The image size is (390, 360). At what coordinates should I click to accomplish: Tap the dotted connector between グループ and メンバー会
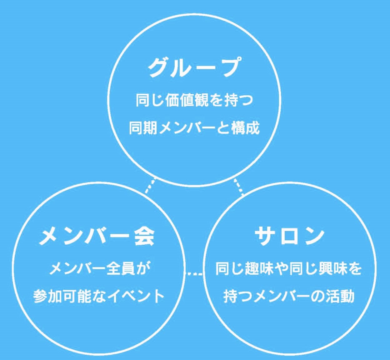[150, 186]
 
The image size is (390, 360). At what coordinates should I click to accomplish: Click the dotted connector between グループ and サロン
[239, 187]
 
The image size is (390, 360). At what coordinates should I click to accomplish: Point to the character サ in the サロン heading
[264, 236]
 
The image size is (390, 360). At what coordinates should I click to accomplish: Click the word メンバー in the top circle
[187, 128]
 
